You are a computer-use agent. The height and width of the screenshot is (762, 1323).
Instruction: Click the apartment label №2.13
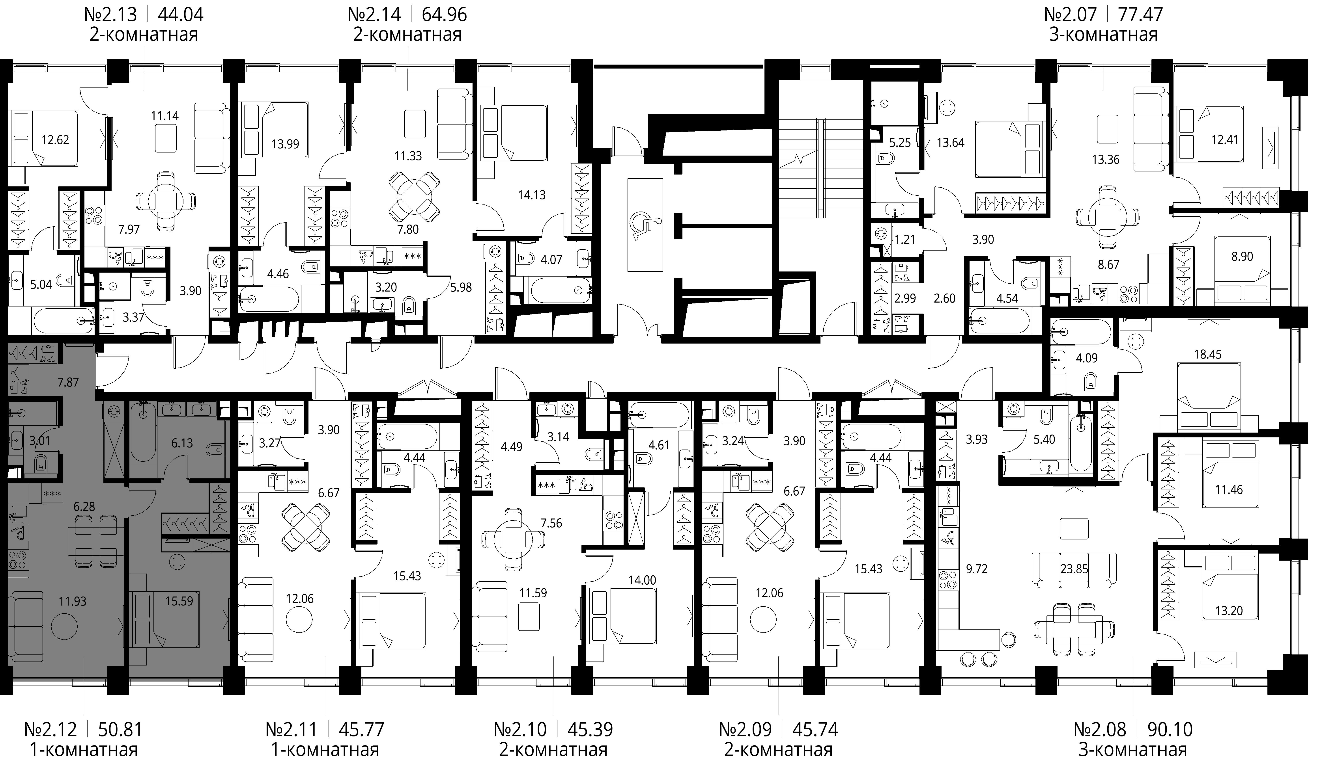click(110, 14)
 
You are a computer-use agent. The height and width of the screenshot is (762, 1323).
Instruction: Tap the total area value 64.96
click(445, 14)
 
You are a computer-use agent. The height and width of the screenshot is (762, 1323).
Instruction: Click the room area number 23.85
click(1074, 569)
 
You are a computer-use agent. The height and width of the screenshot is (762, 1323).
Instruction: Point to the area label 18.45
click(1208, 354)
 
